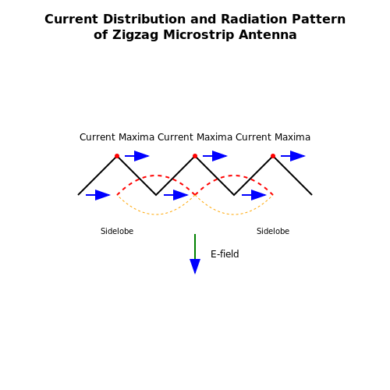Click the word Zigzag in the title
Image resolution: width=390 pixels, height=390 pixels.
tap(135, 35)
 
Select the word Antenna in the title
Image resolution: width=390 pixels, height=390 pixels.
tap(268, 35)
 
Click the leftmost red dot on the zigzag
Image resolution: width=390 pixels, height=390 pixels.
tap(117, 156)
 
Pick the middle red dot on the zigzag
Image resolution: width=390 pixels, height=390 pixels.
tap(195, 156)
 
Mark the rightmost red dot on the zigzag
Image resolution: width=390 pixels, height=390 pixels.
tap(273, 156)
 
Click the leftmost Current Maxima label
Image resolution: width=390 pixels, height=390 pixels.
tap(117, 137)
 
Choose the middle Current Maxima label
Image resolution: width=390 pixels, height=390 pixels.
tap(195, 137)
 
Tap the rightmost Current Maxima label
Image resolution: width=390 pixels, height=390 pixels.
tap(273, 137)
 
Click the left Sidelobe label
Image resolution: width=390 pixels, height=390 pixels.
tap(117, 231)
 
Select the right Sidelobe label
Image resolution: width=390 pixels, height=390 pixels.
tap(273, 231)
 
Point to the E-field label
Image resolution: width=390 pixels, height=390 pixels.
tap(225, 254)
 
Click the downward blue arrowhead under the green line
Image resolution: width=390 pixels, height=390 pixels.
tap(195, 266)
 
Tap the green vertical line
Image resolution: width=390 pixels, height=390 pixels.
tap(195, 246)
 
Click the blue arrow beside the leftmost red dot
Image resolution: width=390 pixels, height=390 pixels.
tap(137, 156)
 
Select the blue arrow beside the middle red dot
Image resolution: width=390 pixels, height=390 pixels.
tap(215, 156)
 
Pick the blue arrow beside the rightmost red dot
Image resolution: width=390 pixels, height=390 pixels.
tap(293, 156)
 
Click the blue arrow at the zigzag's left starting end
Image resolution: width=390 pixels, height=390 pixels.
tap(98, 195)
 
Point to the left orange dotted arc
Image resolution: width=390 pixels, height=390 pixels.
tap(156, 214)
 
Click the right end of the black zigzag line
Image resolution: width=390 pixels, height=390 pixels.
tap(312, 195)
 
